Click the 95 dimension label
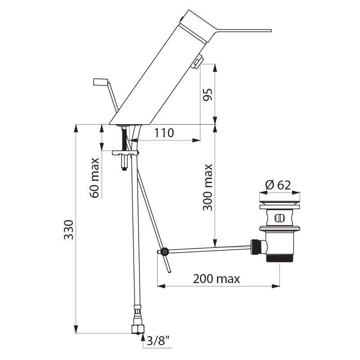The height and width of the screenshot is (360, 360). click(x=207, y=94)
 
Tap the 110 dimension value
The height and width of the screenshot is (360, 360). click(x=164, y=133)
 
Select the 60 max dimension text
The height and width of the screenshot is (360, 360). click(x=95, y=177)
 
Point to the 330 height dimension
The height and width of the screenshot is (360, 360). click(x=67, y=230)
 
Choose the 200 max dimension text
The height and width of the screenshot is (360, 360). click(x=216, y=279)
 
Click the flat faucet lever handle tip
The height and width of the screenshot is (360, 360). click(x=265, y=31)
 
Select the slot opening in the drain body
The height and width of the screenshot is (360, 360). click(x=279, y=219)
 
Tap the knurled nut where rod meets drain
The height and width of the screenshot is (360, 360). click(x=256, y=246)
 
